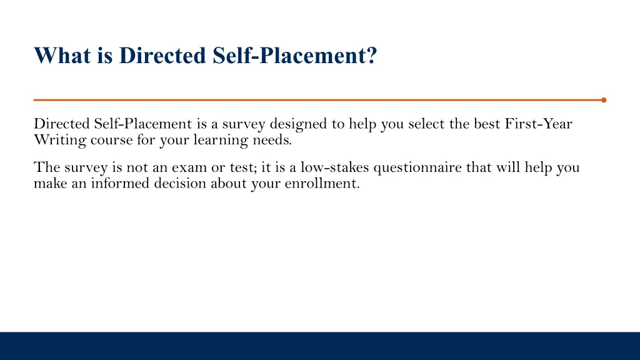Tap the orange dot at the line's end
pyautogui.click(x=603, y=99)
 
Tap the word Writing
pyautogui.click(x=60, y=140)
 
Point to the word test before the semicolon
pyautogui.click(x=241, y=168)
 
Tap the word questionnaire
pyautogui.click(x=417, y=168)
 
